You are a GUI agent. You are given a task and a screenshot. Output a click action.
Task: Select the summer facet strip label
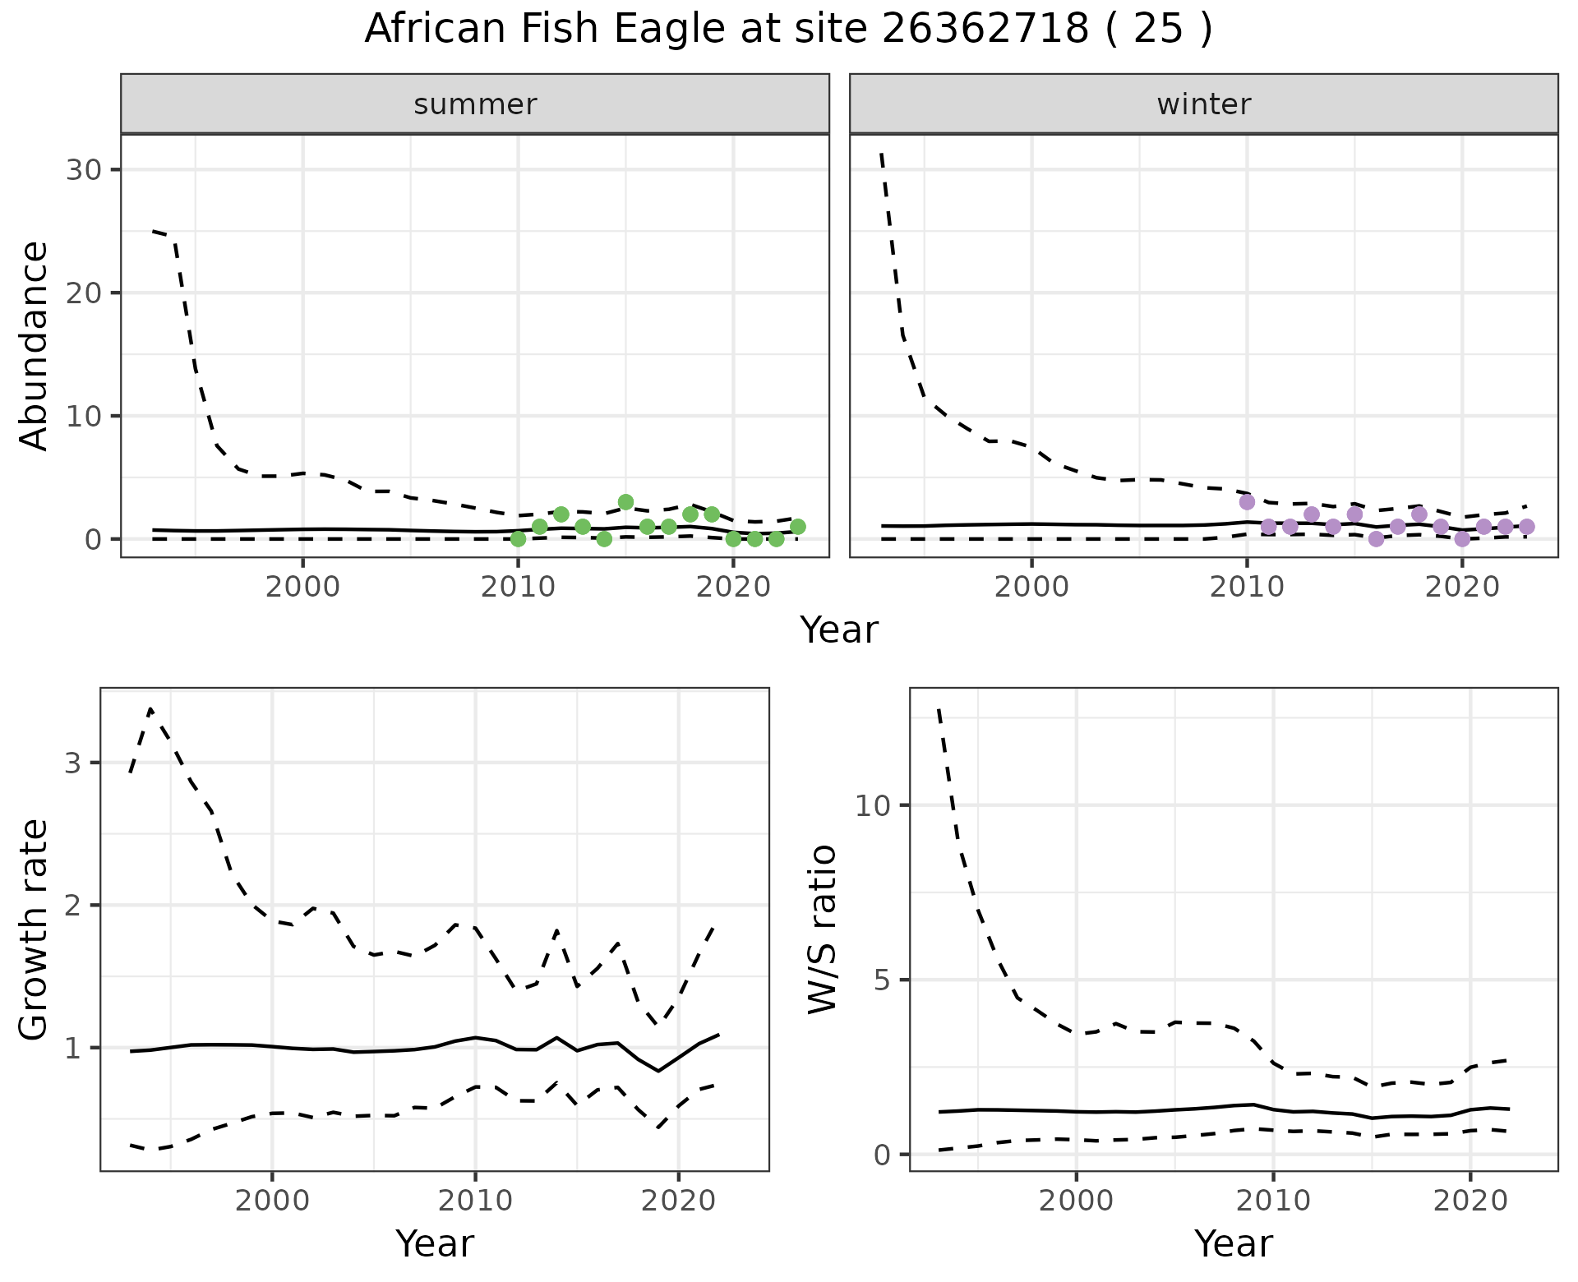[x=475, y=104]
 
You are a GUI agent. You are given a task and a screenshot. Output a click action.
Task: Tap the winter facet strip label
[x=1203, y=104]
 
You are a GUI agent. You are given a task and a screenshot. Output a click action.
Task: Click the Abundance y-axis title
[x=35, y=345]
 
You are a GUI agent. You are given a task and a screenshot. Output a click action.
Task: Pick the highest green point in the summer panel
[x=625, y=502]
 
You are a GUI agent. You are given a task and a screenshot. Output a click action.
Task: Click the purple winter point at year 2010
[x=1247, y=502]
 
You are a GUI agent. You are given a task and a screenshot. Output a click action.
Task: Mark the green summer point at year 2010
[x=518, y=539]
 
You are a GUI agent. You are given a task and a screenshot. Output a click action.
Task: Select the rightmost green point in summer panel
[x=797, y=527]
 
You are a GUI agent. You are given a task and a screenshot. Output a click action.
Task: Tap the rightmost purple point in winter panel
[x=1526, y=527]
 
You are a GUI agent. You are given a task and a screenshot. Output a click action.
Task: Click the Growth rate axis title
[x=35, y=929]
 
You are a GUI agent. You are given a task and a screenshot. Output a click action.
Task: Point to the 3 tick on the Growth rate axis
[x=74, y=763]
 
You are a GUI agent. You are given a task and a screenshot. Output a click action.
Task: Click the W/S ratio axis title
[x=822, y=929]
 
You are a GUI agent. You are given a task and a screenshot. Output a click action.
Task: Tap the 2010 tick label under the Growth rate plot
[x=475, y=1201]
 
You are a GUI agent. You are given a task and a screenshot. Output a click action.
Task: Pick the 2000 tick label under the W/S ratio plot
[x=1076, y=1201]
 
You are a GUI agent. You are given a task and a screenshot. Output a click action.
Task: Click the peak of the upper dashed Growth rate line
[x=150, y=708]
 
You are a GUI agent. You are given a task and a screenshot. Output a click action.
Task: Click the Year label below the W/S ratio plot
[x=1233, y=1243]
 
